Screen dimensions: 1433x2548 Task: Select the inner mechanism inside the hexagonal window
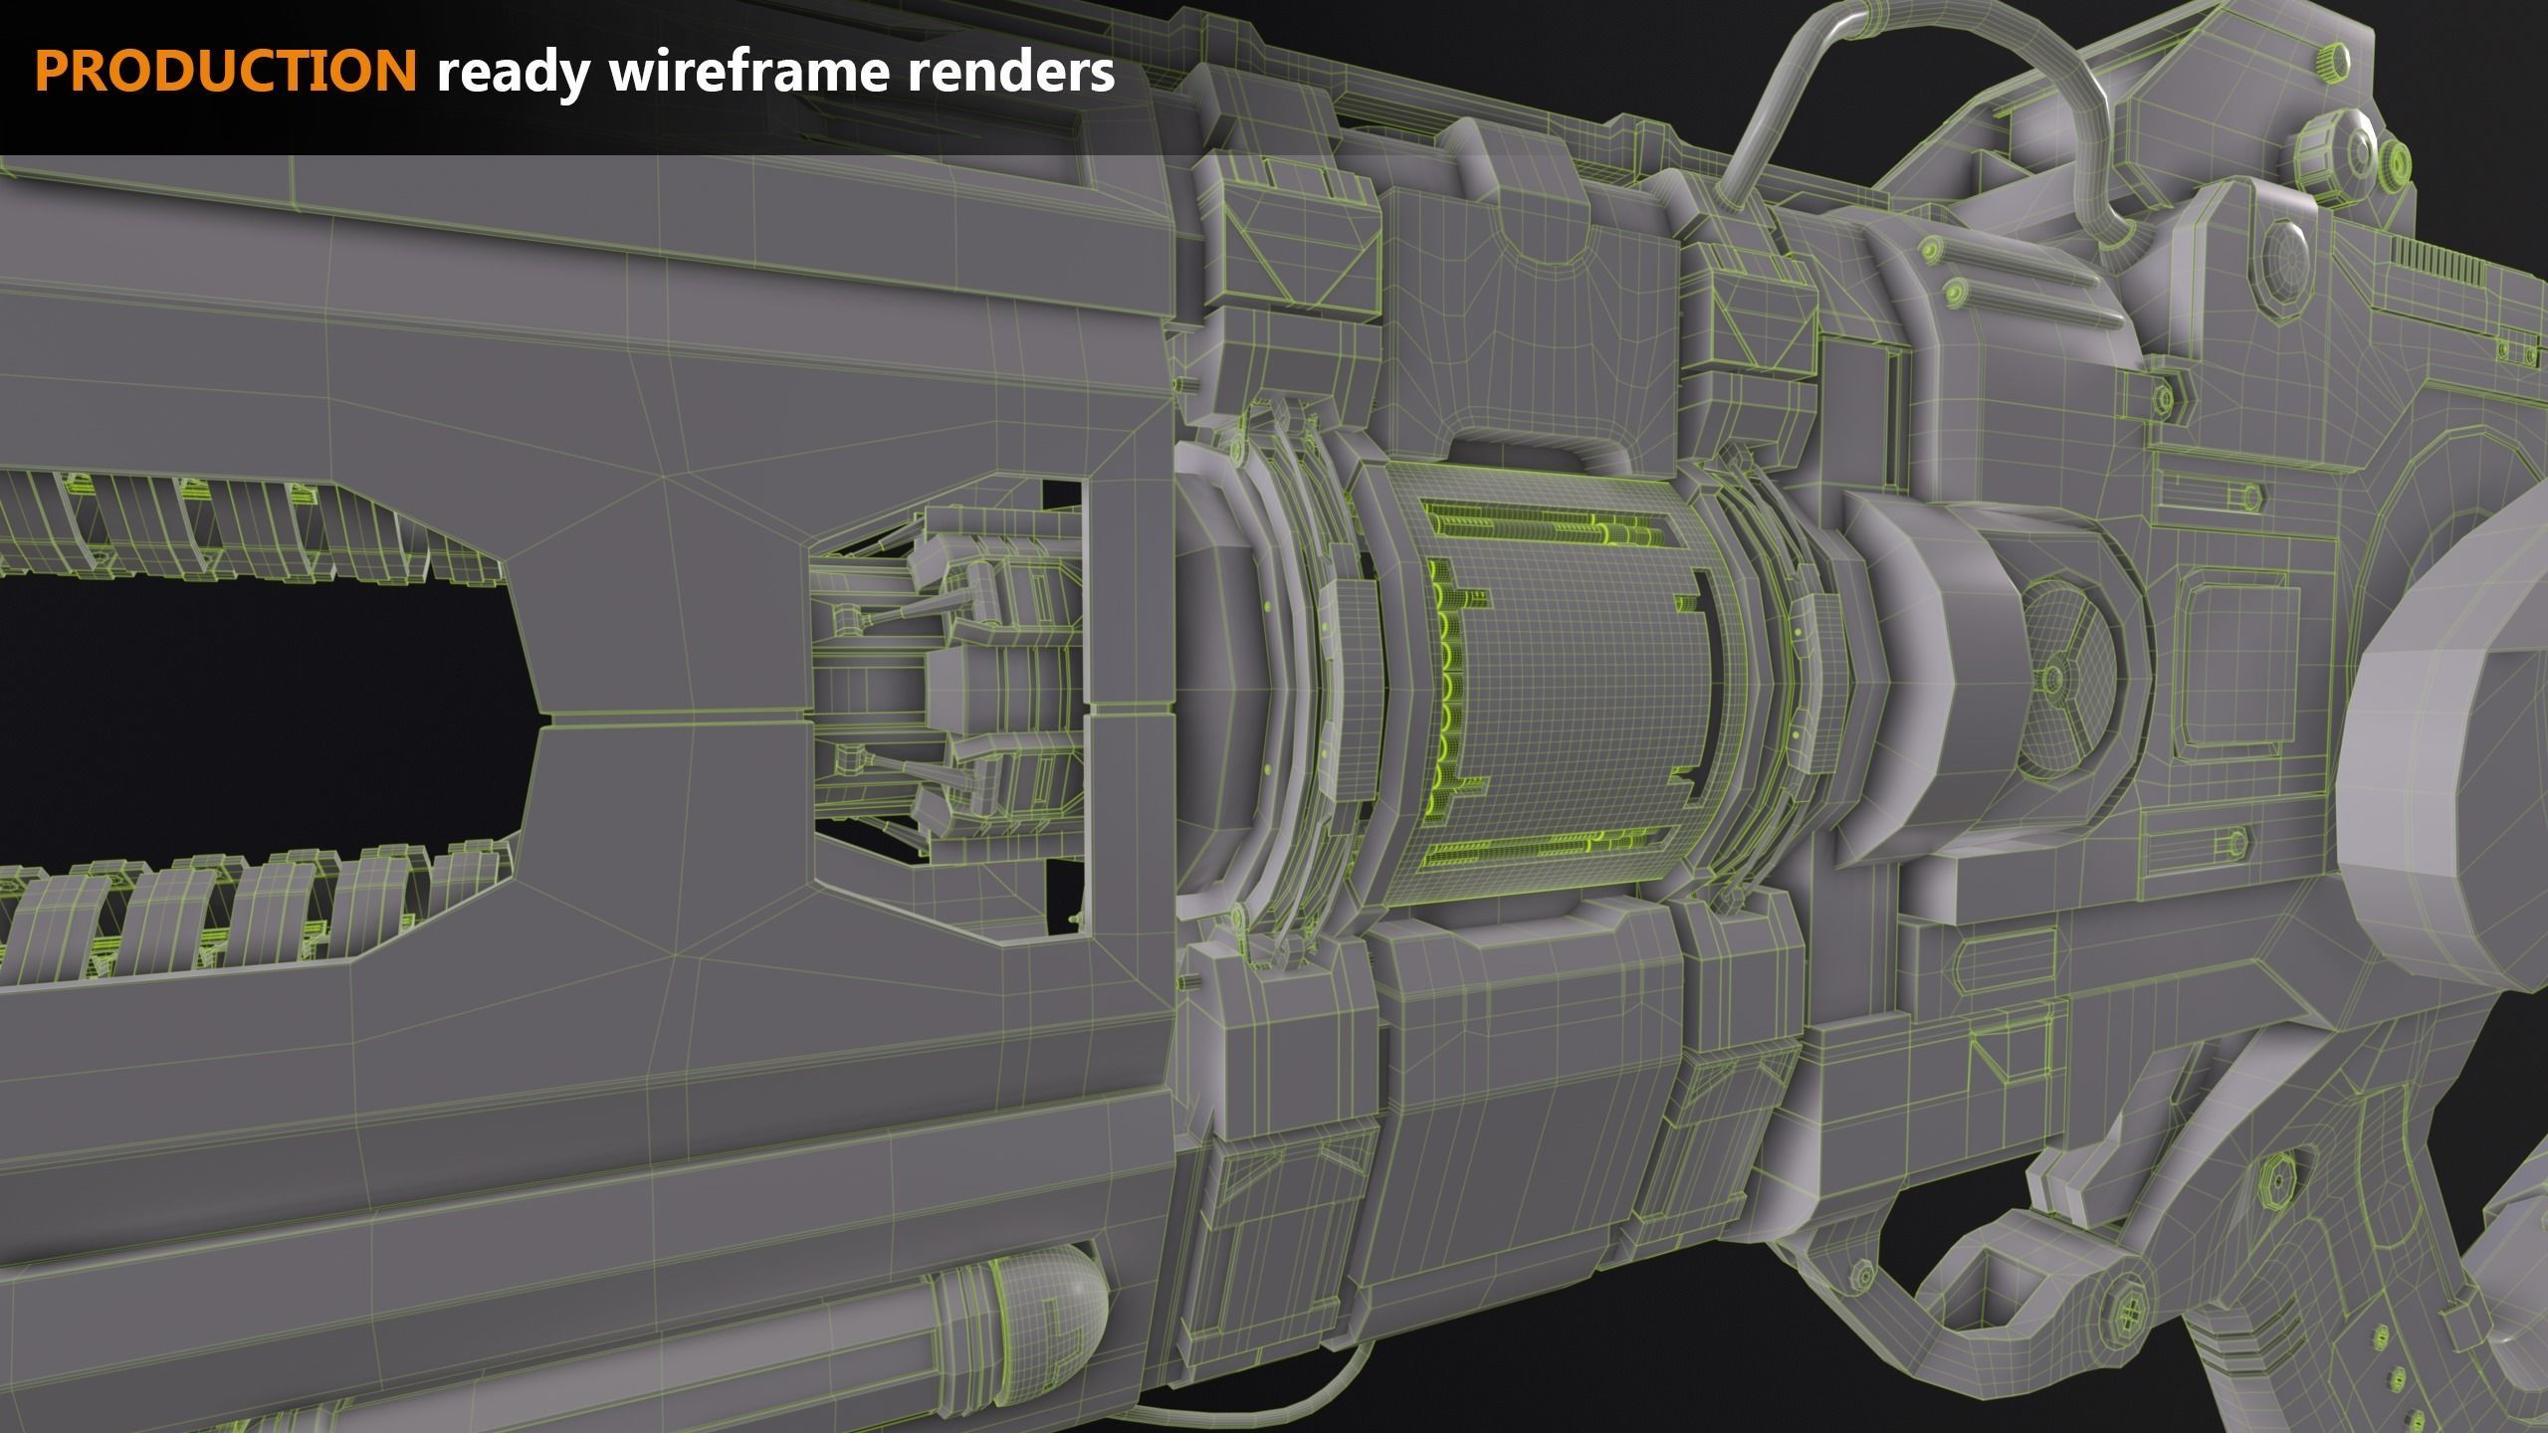tap(946, 687)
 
